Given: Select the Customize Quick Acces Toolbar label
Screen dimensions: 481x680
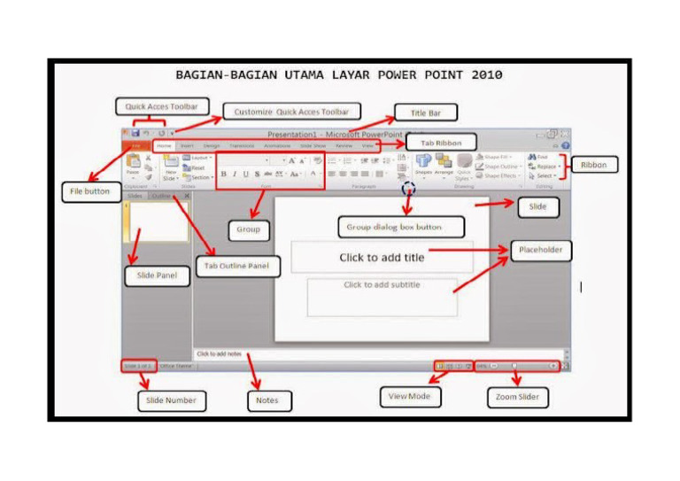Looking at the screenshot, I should point(291,112).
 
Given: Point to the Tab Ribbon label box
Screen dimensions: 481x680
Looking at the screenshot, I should point(441,142).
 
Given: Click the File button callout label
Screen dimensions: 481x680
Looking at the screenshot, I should point(90,191).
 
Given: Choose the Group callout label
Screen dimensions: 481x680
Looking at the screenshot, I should point(248,229).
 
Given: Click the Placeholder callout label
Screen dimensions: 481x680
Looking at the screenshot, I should point(540,250).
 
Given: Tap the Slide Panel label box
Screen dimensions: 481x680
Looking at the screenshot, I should point(157,275).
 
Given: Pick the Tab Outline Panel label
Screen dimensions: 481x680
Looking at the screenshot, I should point(237,266).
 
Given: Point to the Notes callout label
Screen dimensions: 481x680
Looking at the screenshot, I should point(267,400).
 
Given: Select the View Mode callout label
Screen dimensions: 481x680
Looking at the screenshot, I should point(410,396).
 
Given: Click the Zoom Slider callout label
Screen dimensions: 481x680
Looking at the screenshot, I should point(518,398).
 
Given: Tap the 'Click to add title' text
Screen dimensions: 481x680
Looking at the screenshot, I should point(382,258).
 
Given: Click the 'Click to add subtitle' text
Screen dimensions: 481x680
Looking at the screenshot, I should point(382,285).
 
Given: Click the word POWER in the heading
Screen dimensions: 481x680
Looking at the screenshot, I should point(381,74).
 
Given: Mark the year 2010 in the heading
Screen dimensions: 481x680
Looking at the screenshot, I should point(485,74).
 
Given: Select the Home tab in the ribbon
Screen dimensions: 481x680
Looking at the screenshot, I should point(164,145).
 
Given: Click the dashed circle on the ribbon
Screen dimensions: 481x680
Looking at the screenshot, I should point(407,188).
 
